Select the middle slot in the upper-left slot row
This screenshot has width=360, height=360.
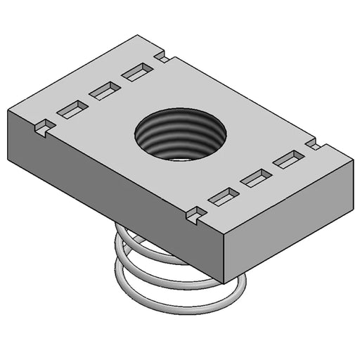tap(105, 89)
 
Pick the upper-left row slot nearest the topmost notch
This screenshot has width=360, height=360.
tap(136, 71)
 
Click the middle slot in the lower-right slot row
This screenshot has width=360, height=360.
tap(256, 178)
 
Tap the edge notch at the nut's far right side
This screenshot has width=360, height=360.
tap(314, 145)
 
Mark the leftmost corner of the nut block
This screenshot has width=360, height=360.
tap(8, 110)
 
